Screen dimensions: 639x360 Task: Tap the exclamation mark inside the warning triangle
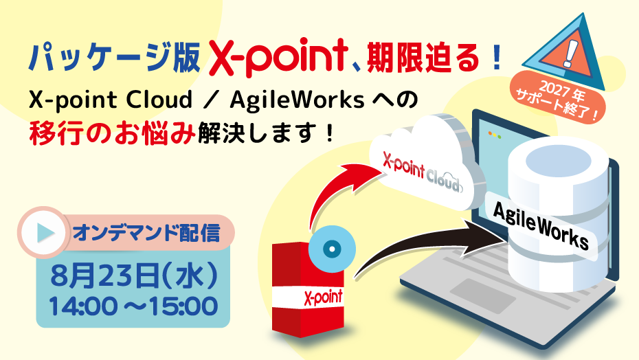point(569,52)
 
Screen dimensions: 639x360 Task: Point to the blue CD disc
point(332,249)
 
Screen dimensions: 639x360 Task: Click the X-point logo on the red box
point(323,296)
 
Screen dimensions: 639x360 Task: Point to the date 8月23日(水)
point(134,275)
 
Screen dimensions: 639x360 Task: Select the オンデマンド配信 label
point(146,233)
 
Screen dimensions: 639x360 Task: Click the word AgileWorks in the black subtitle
point(297,100)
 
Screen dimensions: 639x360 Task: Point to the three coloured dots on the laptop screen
point(494,135)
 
